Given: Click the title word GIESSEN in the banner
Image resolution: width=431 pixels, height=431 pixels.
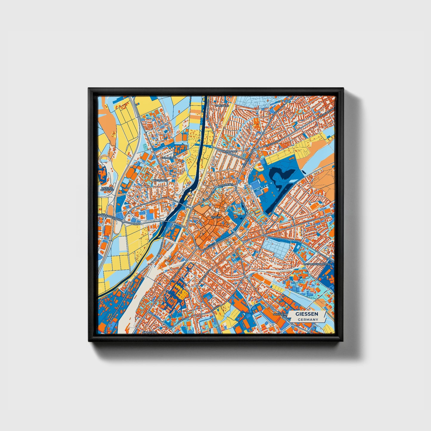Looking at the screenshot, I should coord(307,314).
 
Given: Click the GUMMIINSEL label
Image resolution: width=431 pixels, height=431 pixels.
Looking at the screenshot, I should coord(169,157).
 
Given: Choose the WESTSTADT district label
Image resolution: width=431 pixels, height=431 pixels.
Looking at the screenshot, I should coord(160,180).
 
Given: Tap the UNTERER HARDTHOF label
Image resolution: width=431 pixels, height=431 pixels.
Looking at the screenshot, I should coord(106,190).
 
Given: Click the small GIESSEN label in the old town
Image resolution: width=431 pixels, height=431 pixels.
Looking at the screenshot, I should coord(216,217).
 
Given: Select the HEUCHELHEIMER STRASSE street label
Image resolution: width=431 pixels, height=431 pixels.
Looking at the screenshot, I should coord(110,215).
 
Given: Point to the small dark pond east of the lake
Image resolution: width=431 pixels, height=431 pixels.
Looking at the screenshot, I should coord(304,172).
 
